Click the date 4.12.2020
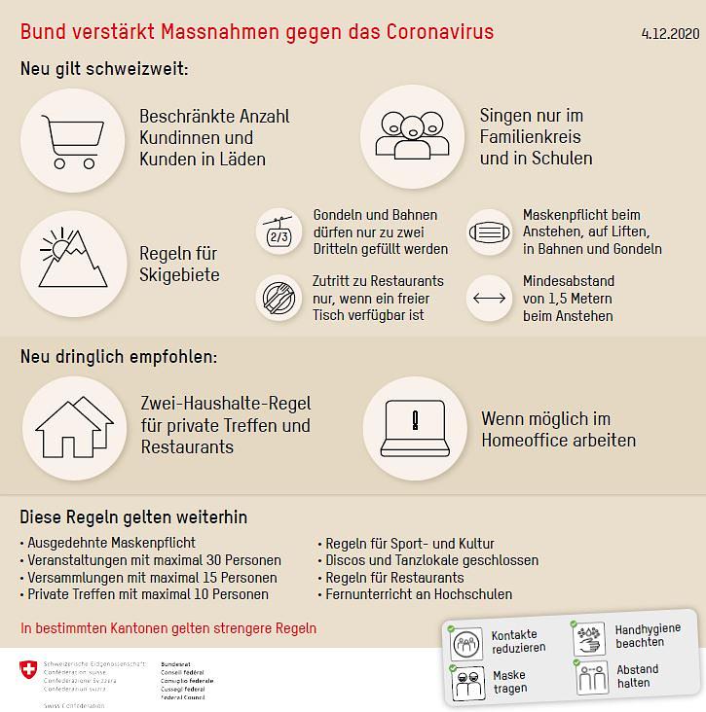(x=670, y=33)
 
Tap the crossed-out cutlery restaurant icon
(x=279, y=298)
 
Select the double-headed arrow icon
(x=490, y=298)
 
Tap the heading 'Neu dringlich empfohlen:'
(x=119, y=357)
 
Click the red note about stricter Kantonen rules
(x=167, y=628)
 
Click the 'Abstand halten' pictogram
(x=591, y=677)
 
